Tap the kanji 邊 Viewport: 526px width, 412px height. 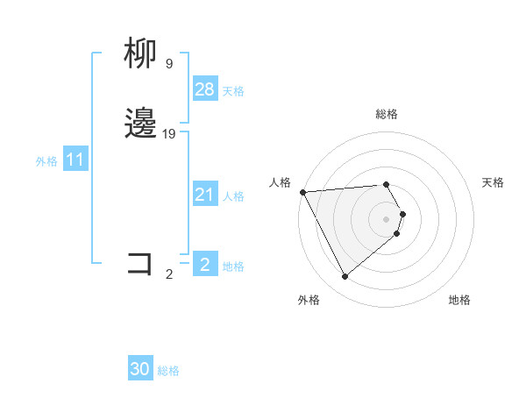point(140,124)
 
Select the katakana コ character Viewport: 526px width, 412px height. point(140,263)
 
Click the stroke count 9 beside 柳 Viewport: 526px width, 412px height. point(168,64)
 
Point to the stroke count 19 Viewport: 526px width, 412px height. point(169,134)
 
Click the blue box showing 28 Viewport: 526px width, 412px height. point(204,89)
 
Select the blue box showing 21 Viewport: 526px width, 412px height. point(204,195)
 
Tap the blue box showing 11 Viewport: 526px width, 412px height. point(75,160)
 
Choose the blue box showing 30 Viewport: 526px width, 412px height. point(140,369)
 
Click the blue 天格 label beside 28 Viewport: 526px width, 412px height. point(233,91)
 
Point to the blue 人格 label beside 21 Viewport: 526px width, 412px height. point(233,196)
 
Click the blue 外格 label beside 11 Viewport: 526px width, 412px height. point(46,161)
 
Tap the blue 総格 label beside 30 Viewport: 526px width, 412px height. point(168,371)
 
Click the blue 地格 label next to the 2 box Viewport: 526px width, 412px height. point(233,266)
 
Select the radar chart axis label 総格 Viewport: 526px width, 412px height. point(387,114)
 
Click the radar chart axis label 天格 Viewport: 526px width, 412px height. point(493,182)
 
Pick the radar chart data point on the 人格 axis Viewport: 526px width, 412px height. point(302,192)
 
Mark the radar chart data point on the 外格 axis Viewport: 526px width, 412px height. point(345,276)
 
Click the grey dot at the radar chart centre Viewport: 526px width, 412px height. point(387,218)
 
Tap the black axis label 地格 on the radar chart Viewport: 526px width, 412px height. point(459,300)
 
